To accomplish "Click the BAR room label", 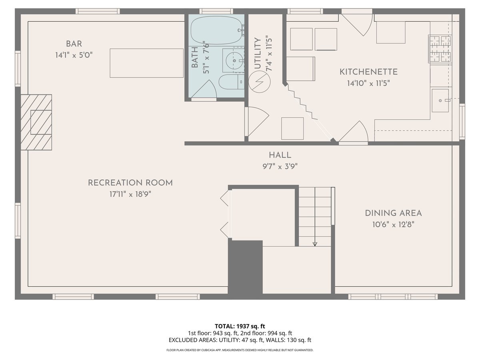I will [x=74, y=44].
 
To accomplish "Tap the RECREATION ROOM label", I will [x=130, y=183].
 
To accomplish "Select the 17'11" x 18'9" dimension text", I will [x=130, y=194].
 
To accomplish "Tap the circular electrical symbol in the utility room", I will [x=260, y=82].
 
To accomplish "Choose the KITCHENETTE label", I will [x=368, y=72].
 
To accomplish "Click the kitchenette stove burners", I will [x=440, y=49].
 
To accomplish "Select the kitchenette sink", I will [x=440, y=101].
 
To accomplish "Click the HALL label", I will [x=280, y=155].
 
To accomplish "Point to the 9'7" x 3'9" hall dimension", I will [x=280, y=166].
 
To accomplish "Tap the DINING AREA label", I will [x=393, y=213].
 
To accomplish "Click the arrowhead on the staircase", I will [x=315, y=244].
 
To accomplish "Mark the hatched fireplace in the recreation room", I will [x=36, y=122].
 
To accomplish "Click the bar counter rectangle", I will [x=146, y=63].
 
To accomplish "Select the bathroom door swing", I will [x=206, y=90].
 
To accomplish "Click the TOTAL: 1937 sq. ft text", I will [x=240, y=326].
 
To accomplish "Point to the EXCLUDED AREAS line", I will [x=240, y=340].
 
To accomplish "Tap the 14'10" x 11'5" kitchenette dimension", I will [x=368, y=83].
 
